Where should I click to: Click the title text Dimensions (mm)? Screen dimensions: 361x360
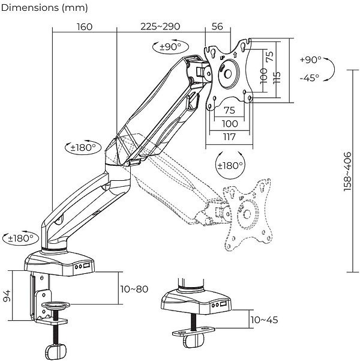[x=45, y=8]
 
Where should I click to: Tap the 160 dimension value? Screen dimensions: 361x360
[x=85, y=26]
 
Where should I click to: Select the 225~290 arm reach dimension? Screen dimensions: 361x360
[x=160, y=26]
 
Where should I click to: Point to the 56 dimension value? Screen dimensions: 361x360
[x=217, y=26]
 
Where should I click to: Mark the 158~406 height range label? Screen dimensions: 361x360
[x=347, y=171]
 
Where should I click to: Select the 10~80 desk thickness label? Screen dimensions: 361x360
[x=134, y=289]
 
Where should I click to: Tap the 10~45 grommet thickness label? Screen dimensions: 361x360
[x=264, y=320]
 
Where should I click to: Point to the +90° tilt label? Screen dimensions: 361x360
[x=310, y=60]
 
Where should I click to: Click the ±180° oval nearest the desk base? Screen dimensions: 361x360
[x=19, y=238]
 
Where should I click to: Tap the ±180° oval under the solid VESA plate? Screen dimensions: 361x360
[x=229, y=165]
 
